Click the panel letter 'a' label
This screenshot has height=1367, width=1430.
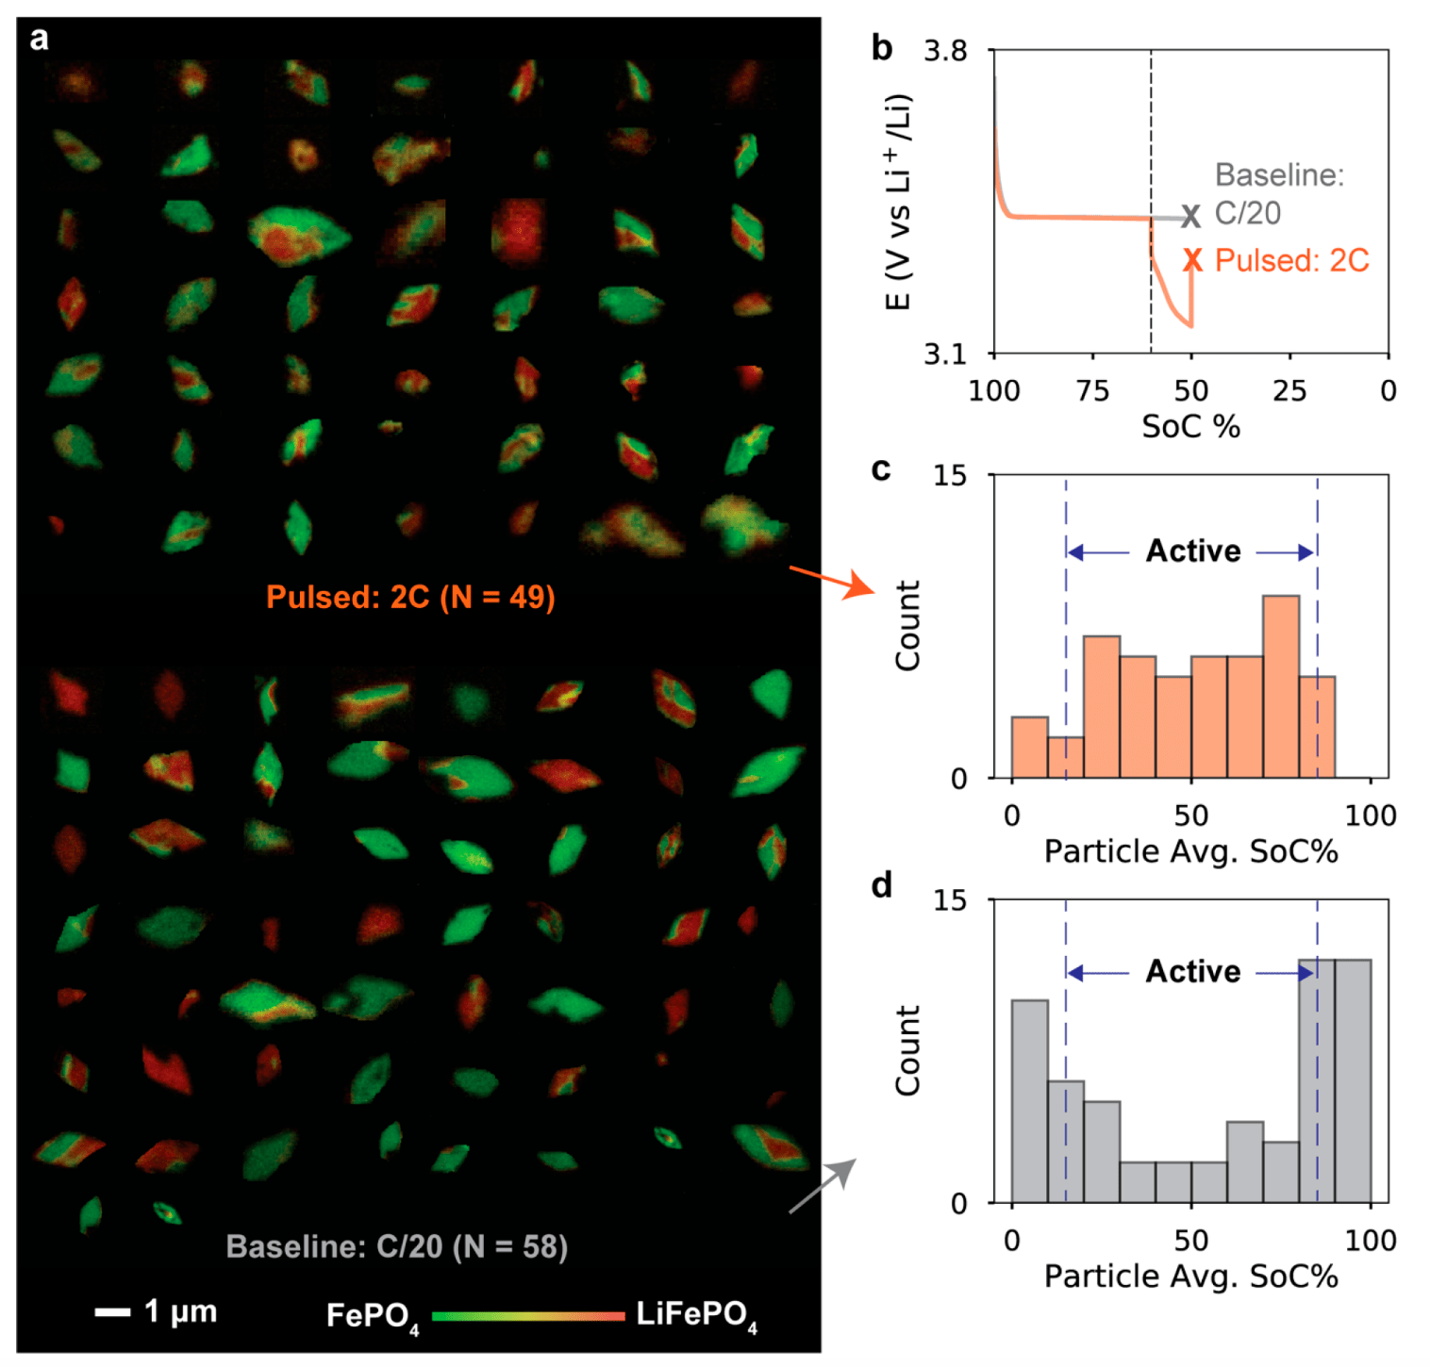click(39, 39)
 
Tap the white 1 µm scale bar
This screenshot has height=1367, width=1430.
click(112, 1311)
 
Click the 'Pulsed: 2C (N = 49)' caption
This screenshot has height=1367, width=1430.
click(410, 597)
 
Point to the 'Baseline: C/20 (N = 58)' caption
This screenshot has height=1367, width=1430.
click(397, 1246)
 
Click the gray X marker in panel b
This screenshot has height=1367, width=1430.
click(1191, 217)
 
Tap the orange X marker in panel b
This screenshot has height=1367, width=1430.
click(1193, 260)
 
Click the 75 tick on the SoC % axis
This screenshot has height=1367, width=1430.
click(1093, 390)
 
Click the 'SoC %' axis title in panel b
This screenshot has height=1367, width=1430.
click(1190, 427)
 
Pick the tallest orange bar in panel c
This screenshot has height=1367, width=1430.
click(1280, 686)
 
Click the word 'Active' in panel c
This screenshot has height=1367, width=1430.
click(1193, 551)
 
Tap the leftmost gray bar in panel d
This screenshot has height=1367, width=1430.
click(1029, 1100)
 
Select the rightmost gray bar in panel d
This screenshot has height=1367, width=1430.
click(1353, 1080)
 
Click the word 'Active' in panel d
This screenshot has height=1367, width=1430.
click(1193, 971)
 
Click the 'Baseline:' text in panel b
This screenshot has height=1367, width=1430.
click(1278, 175)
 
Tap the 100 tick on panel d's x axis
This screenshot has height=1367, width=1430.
click(1370, 1240)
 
